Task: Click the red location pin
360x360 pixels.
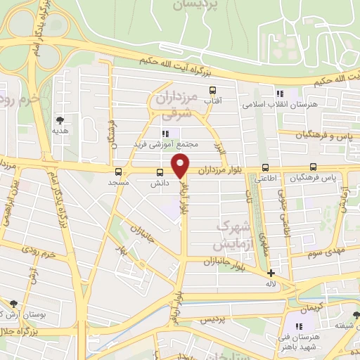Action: click(x=181, y=166)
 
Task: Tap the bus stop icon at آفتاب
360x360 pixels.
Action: click(x=212, y=89)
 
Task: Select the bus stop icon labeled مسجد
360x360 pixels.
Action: click(x=118, y=171)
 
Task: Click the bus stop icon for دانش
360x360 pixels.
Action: click(x=160, y=172)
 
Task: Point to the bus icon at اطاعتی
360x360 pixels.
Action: click(x=265, y=167)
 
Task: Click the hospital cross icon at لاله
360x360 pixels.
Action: click(x=271, y=273)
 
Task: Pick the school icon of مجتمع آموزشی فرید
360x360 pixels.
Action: click(x=165, y=134)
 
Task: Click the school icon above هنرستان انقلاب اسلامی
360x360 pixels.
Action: click(x=279, y=93)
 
